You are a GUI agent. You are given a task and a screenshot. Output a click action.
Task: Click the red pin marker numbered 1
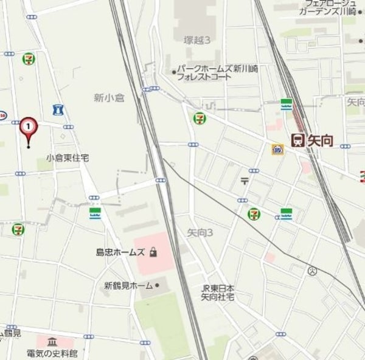click(29, 127)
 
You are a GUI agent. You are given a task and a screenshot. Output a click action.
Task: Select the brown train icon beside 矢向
click(298, 140)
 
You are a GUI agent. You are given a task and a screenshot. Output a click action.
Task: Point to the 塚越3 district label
click(197, 40)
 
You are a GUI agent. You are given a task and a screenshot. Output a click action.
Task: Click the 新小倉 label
click(109, 97)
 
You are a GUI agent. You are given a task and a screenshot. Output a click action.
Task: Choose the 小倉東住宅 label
click(67, 157)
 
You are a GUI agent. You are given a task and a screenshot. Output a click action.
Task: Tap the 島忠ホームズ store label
click(120, 252)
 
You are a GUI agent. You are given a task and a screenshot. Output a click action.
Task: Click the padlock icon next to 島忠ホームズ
click(153, 251)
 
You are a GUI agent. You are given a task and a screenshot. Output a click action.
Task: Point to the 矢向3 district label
click(200, 232)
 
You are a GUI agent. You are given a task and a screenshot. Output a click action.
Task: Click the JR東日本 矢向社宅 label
click(218, 292)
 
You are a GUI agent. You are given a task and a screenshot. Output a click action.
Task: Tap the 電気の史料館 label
click(52, 353)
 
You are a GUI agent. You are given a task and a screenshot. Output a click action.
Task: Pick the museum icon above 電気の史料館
click(52, 341)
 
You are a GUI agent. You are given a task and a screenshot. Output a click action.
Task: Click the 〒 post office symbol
click(245, 180)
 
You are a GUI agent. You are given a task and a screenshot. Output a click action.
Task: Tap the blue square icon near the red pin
click(58, 110)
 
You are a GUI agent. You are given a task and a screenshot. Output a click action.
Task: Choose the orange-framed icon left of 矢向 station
click(277, 148)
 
